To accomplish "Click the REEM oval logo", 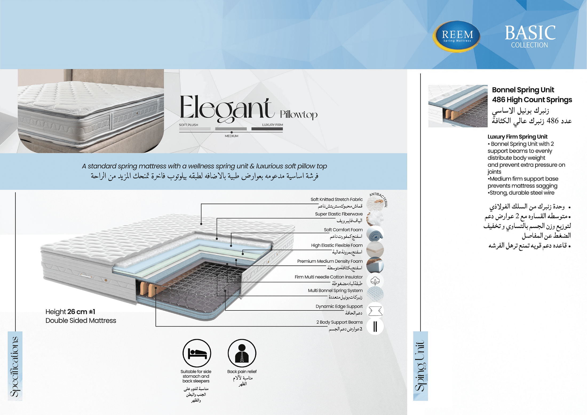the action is click(457, 36).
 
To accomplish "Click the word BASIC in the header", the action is click(530, 33).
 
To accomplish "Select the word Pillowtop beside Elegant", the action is click(299, 114).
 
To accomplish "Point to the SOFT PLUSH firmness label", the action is click(188, 125).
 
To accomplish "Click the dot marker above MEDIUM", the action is click(231, 132).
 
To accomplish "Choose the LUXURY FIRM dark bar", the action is click(267, 129).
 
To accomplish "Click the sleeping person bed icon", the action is click(197, 353).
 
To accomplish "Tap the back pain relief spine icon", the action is click(242, 353).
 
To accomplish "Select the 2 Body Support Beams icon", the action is click(375, 326).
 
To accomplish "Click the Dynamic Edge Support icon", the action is click(375, 311).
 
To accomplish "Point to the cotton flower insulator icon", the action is click(375, 281).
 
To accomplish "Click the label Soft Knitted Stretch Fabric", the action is click(336, 199).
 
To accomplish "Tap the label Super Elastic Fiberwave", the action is click(339, 214).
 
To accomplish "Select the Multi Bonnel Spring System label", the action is click(335, 291).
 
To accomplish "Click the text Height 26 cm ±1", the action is click(70, 312).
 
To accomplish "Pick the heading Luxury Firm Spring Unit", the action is click(517, 137).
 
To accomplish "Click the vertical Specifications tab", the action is click(15, 366).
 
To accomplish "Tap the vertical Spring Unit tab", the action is click(420, 366).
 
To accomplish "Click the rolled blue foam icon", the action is click(375, 234).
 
